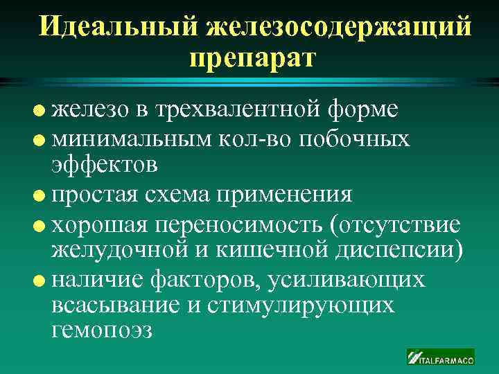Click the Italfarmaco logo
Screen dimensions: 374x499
(x=440, y=357)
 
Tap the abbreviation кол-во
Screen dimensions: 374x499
(x=256, y=138)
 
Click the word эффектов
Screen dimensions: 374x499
(x=105, y=166)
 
